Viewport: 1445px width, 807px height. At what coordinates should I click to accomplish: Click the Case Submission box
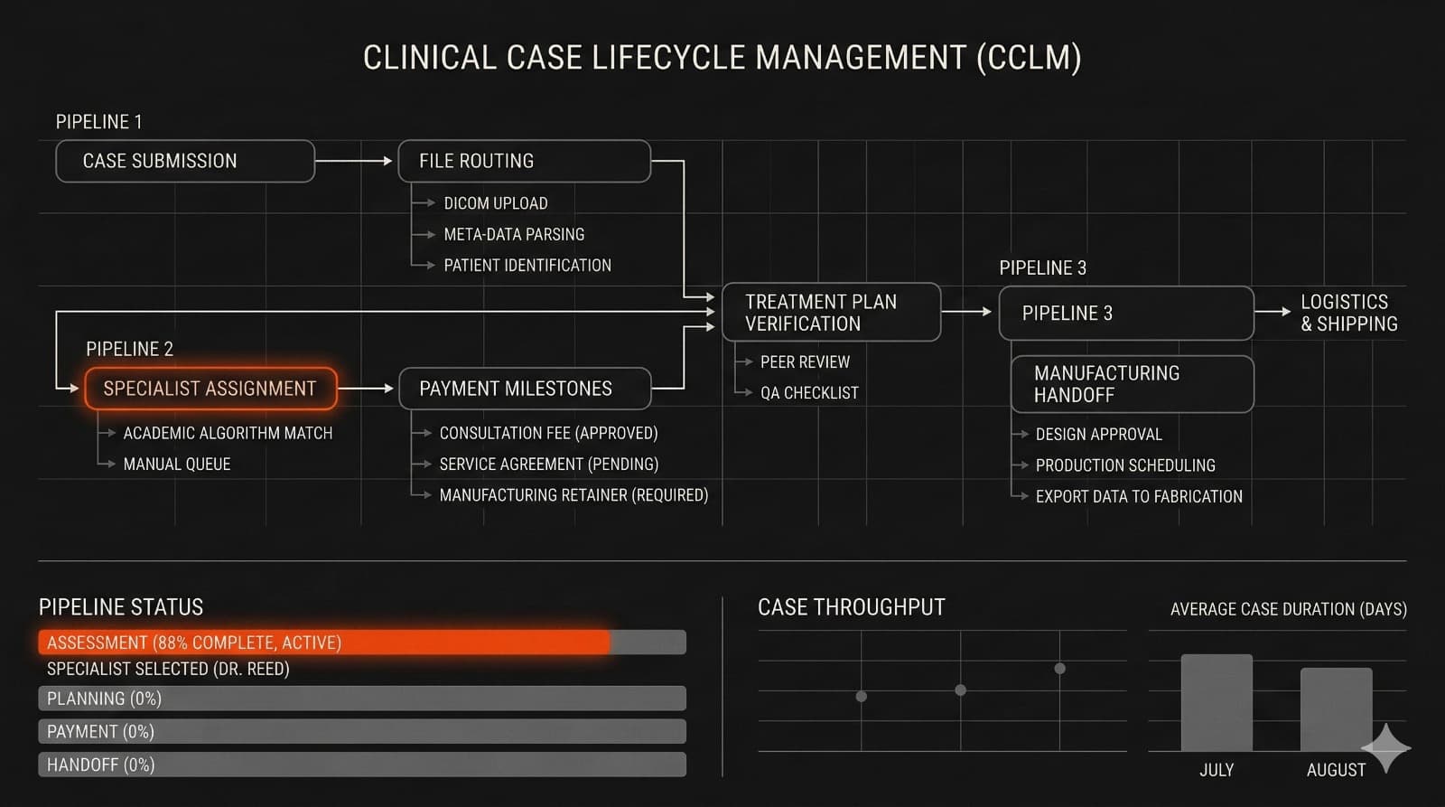tap(185, 161)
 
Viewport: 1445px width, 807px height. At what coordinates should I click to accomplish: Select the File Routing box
tap(524, 161)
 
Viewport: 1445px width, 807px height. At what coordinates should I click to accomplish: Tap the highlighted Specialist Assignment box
tap(210, 389)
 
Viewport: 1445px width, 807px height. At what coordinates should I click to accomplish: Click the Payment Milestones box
tap(524, 389)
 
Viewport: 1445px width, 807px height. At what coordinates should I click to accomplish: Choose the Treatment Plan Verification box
tap(831, 313)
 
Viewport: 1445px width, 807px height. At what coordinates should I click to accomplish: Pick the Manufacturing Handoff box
tap(1131, 384)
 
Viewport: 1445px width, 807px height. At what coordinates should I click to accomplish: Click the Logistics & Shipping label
tap(1348, 313)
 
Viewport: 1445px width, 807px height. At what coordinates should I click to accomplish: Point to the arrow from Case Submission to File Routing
tap(354, 161)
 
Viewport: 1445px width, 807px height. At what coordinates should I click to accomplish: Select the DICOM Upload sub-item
tap(495, 203)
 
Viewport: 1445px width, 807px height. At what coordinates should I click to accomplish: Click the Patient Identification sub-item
tap(527, 266)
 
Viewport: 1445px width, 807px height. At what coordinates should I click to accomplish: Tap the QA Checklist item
tap(809, 393)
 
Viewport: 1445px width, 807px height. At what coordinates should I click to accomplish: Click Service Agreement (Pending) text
tap(548, 464)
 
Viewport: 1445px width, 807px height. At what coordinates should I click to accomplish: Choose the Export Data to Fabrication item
tap(1139, 497)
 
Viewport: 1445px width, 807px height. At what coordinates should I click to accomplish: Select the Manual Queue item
tap(177, 464)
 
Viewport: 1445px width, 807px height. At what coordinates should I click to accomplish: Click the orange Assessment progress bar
tap(325, 643)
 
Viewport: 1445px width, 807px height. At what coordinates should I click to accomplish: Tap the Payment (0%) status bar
tap(361, 732)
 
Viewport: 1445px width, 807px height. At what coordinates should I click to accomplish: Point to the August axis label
tap(1336, 770)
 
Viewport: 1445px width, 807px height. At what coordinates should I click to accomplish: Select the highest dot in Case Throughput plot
tap(1059, 669)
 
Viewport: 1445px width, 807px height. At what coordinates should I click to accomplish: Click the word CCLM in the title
tap(1029, 58)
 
